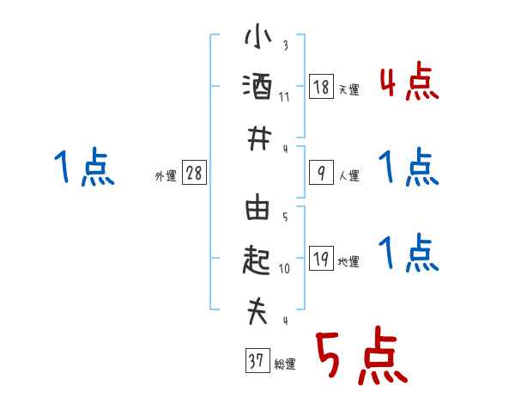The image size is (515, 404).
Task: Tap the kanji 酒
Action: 257,87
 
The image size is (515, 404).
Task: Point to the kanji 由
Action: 257,209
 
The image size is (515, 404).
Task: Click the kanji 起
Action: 257,260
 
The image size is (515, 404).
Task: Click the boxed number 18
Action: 321,87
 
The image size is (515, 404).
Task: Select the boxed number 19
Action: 321,259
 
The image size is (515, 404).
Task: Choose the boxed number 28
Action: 194,173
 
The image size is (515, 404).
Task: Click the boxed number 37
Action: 256,362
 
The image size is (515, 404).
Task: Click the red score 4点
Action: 409,83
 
